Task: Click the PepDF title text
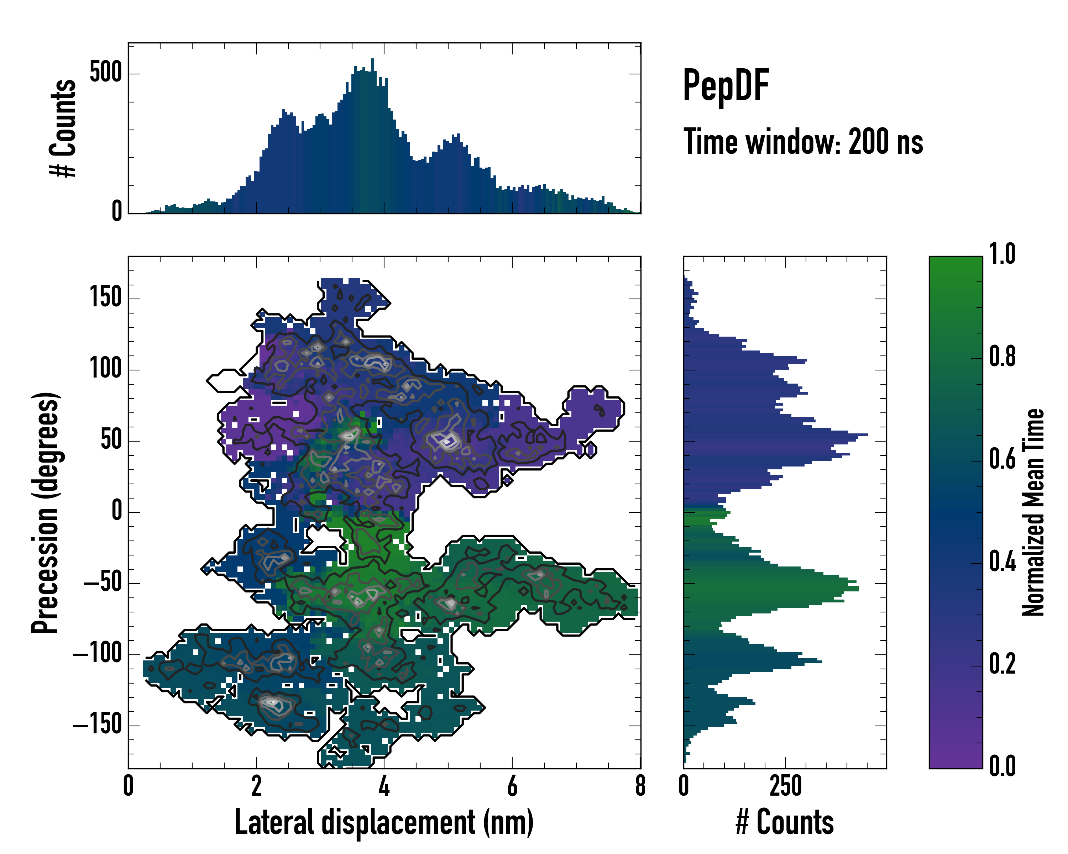coord(725,86)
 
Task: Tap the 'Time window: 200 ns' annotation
coord(803,142)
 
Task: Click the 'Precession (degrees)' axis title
coord(45,512)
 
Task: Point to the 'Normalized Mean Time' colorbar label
coord(1033,512)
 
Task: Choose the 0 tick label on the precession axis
coord(116,511)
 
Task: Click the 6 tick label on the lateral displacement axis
coord(512,786)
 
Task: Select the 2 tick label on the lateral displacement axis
coord(256,786)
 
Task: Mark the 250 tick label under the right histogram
coord(786,786)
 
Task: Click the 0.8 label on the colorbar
coord(1002,357)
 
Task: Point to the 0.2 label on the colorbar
coord(1002,664)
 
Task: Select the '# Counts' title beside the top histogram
coord(63,128)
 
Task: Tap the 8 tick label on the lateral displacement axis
coord(640,786)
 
